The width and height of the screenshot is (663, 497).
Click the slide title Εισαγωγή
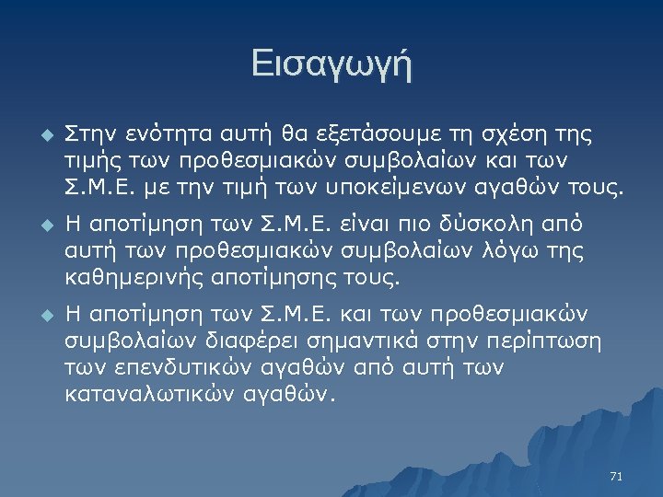tap(331, 65)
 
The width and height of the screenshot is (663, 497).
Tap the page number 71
tap(616, 476)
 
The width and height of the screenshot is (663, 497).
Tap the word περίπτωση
tap(543, 341)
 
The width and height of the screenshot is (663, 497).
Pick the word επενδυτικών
tap(179, 368)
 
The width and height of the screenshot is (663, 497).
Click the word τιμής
tap(89, 162)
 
